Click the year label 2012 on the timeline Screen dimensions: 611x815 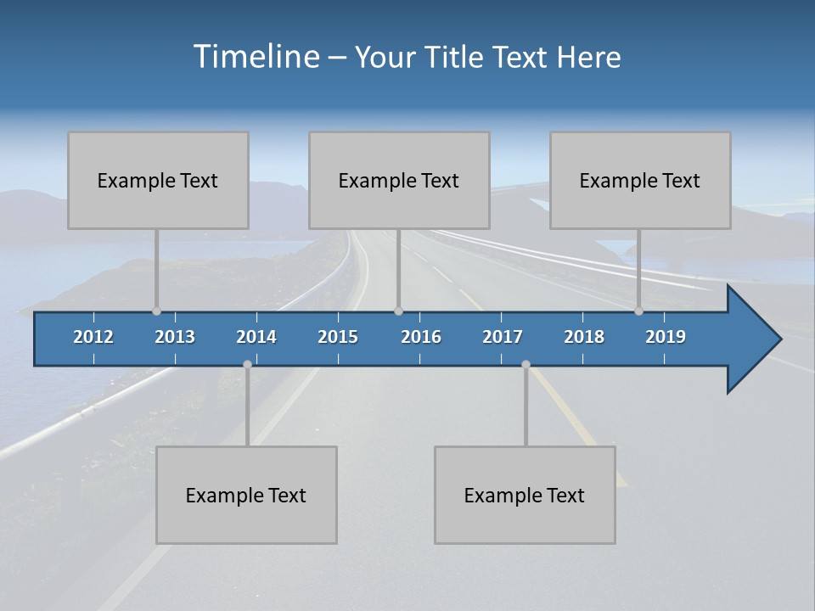coord(93,337)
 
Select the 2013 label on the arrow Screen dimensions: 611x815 coord(175,337)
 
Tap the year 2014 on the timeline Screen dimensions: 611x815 coord(256,337)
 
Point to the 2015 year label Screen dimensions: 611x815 coord(338,337)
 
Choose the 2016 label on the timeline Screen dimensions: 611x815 coord(421,337)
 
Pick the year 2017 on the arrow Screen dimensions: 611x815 coord(503,337)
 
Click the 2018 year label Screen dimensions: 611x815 coord(584,337)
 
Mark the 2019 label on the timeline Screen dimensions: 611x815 coord(666,337)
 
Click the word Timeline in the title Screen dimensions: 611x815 coord(256,57)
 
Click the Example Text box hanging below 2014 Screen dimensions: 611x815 coord(246,495)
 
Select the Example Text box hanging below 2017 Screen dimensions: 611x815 coord(525,495)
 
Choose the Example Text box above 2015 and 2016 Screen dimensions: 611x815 coord(399,180)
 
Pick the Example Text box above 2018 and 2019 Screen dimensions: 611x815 coord(640,180)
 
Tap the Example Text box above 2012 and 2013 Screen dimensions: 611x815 coord(158,180)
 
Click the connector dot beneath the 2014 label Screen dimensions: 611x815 coord(247,364)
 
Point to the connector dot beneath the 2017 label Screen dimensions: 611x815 coord(526,364)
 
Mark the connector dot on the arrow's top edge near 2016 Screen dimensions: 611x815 coord(398,311)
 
